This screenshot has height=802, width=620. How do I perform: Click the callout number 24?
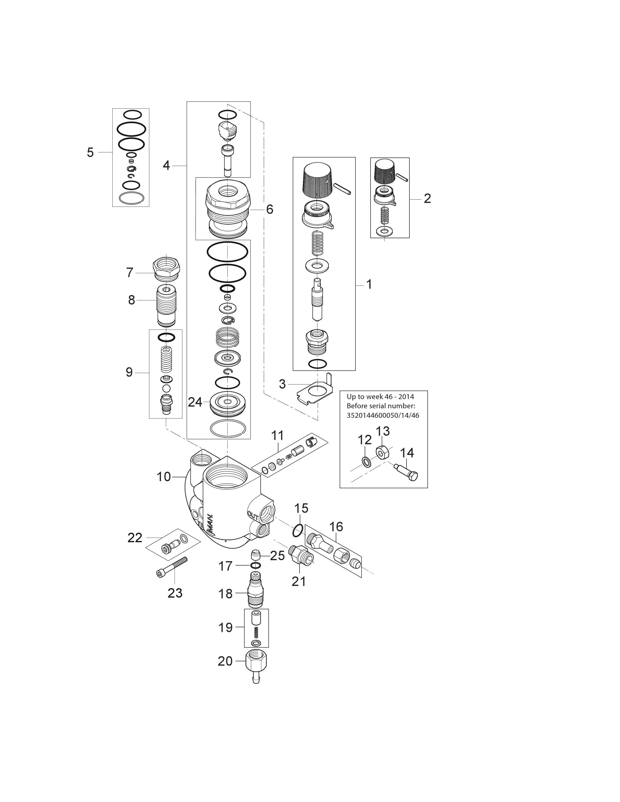(195, 402)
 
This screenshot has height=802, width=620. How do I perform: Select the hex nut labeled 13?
(382, 453)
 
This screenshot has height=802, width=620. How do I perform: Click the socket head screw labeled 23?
(173, 567)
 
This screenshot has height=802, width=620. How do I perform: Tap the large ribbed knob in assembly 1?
(317, 179)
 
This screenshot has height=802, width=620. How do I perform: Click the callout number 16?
(336, 527)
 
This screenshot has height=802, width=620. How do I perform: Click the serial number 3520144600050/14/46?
(383, 415)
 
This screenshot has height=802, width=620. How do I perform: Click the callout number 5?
(90, 152)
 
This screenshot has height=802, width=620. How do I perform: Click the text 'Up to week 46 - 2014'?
(380, 397)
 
